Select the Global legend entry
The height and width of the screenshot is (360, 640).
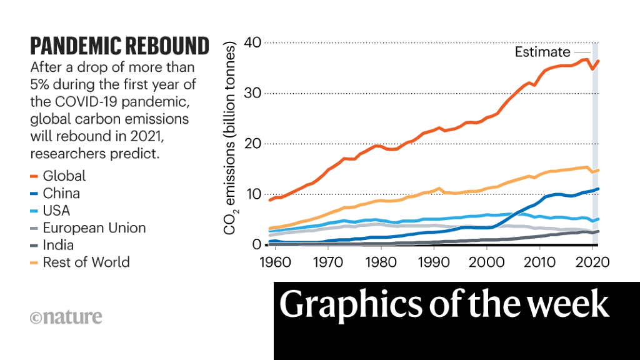coord(64,176)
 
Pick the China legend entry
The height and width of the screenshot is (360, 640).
coord(61,193)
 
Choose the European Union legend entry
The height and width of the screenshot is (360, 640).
coord(94,227)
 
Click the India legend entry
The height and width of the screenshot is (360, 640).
coord(58,245)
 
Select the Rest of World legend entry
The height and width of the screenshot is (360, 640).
coord(86,262)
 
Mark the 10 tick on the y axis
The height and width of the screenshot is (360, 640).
coord(252,194)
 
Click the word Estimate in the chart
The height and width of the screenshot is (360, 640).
coord(542,52)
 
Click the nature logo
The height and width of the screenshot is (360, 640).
coord(66,317)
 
